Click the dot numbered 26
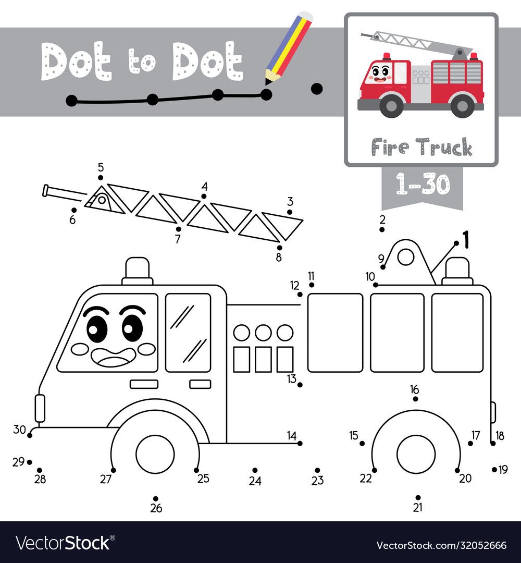click(x=156, y=498)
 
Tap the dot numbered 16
click(x=416, y=399)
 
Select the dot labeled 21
click(x=418, y=497)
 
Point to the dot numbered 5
click(x=101, y=178)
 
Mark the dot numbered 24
click(x=255, y=470)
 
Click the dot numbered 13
click(x=300, y=385)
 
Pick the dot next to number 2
click(x=382, y=229)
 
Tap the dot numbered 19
click(x=494, y=469)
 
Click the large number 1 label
click(x=466, y=239)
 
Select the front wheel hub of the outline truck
click(x=155, y=454)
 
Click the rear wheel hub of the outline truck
click(x=416, y=454)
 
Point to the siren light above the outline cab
click(x=138, y=271)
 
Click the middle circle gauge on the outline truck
click(x=264, y=333)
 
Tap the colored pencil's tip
click(x=267, y=83)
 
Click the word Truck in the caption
click(x=444, y=147)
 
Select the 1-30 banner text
click(x=423, y=184)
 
